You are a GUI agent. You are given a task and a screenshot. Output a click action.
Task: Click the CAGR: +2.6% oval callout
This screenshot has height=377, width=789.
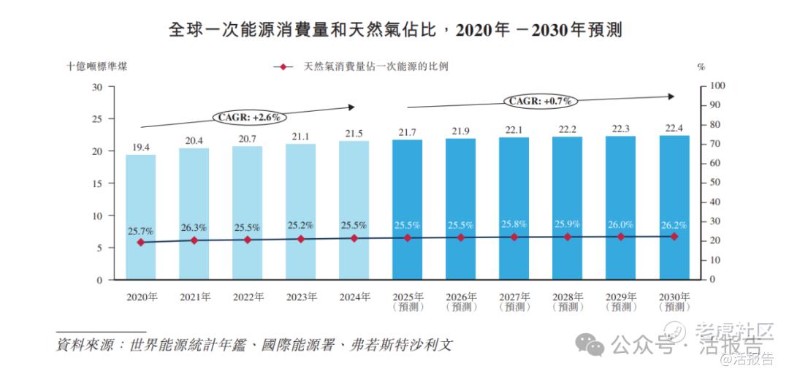click(249, 116)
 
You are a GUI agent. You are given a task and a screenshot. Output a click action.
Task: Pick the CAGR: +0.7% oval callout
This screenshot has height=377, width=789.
click(539, 101)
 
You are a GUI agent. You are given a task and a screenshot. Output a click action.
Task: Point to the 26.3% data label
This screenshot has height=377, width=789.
click(194, 227)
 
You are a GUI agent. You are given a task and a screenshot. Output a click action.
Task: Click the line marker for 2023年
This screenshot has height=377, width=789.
click(300, 239)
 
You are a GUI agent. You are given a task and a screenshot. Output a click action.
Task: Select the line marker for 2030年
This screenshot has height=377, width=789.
click(674, 237)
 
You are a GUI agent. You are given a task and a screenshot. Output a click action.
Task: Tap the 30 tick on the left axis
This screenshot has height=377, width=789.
click(97, 87)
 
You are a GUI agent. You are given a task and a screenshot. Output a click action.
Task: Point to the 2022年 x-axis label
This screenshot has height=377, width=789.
click(247, 297)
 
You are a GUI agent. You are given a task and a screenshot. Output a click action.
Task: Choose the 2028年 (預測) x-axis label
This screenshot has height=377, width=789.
click(567, 302)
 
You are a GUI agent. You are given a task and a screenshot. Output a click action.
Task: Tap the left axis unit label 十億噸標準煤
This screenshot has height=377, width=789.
click(101, 66)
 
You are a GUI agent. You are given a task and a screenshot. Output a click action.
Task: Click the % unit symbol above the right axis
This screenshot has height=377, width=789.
click(701, 67)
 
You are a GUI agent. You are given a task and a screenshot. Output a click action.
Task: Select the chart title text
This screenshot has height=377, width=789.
click(394, 30)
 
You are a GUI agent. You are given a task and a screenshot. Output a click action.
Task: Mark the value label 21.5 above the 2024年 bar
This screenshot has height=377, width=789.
click(354, 134)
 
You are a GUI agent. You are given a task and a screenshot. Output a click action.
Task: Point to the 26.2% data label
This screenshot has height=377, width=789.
click(674, 225)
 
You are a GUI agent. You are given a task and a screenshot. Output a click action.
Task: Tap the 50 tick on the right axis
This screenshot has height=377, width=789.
click(717, 183)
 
